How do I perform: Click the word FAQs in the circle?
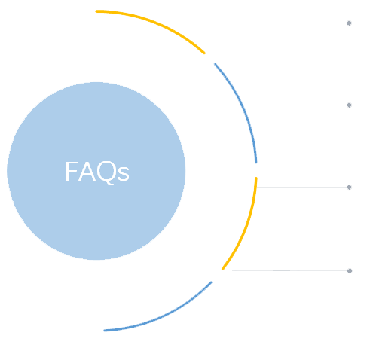[97, 172]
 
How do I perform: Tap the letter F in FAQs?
[72, 171]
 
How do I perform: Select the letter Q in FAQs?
[107, 172]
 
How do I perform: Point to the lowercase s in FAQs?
[124, 174]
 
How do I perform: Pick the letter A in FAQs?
[87, 171]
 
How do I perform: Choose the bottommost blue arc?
[164, 315]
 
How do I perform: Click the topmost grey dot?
[349, 23]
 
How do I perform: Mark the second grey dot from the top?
[349, 105]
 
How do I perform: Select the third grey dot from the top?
[349, 188]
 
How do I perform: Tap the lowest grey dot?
[350, 270]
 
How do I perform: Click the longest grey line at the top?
[272, 23]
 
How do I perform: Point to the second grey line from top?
[302, 105]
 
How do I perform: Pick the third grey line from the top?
[302, 187]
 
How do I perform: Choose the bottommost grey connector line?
[290, 270]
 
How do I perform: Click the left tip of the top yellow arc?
[96, 11]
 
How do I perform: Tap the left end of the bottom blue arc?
[105, 331]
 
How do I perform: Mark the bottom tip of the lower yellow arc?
[222, 270]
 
